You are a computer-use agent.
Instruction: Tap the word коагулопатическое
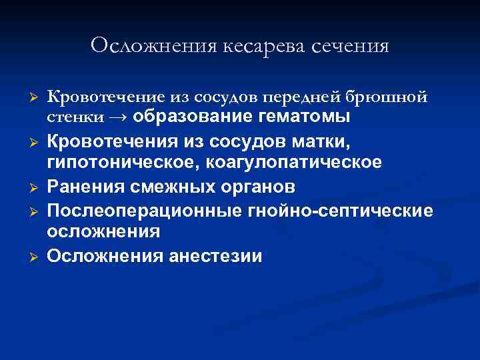coord(300,163)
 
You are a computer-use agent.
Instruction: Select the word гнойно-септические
coord(339,211)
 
